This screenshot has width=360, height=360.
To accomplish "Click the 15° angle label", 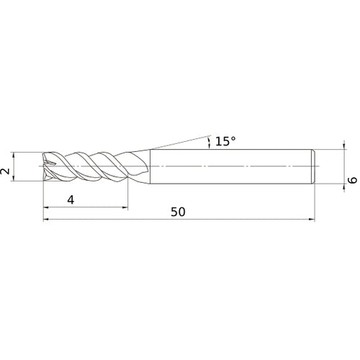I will (x=225, y=141).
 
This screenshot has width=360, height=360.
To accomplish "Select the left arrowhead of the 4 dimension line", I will (x=48, y=208).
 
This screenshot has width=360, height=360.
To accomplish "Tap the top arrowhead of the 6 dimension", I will (x=342, y=152).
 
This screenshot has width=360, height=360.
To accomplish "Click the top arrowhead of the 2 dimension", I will (x=17, y=156).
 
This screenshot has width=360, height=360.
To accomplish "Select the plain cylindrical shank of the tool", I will (x=230, y=166).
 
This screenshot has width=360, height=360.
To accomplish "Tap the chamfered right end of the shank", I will (x=314, y=166).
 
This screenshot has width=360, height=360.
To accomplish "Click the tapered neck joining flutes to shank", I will (x=143, y=166).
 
